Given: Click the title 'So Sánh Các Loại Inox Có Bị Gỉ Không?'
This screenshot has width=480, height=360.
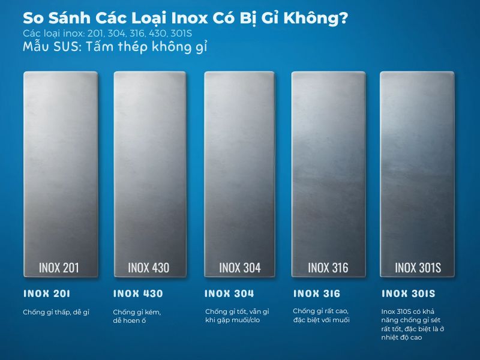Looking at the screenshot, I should (185, 19).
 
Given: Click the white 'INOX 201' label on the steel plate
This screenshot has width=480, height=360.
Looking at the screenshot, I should (59, 267).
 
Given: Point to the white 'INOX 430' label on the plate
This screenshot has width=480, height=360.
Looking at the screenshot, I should (149, 267).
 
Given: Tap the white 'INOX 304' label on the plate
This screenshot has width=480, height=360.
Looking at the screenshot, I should (239, 267).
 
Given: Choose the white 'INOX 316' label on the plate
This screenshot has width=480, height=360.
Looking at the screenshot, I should (328, 267).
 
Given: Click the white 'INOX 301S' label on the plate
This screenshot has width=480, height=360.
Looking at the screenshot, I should (418, 267).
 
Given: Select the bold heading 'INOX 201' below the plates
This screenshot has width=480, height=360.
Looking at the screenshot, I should (47, 294).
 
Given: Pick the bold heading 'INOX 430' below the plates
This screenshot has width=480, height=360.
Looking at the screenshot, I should (138, 294).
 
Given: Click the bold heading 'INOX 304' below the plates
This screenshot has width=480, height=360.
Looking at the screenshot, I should (229, 294).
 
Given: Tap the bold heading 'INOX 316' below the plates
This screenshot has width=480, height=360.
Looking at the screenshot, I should (317, 294).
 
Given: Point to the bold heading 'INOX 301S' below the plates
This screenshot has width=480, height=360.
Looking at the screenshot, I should (409, 294).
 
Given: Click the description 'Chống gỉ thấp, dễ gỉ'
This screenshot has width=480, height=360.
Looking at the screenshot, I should (56, 312).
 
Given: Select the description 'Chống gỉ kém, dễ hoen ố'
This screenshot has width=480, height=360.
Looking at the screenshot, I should (137, 316).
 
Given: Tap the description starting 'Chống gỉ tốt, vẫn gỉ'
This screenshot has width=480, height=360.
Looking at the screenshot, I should (236, 316).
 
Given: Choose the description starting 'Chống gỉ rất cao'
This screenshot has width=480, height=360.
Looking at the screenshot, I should (321, 315).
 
